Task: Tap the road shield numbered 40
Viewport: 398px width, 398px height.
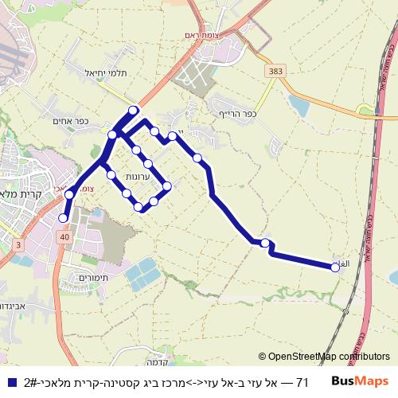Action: (62, 236)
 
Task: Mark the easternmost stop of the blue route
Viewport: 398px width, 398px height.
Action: (335, 267)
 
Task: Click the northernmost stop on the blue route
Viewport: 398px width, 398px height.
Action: (133, 110)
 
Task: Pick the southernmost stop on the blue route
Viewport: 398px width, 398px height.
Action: (64, 217)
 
